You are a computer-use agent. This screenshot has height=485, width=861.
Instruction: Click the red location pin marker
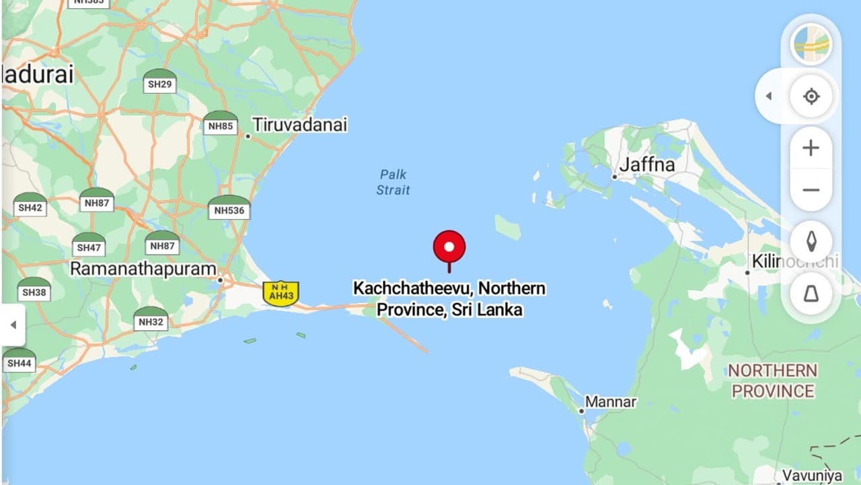[449, 247]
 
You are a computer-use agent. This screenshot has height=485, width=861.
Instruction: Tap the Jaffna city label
[646, 164]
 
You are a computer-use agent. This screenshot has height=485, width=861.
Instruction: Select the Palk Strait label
[394, 182]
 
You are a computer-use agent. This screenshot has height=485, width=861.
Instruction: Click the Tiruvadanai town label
[299, 125]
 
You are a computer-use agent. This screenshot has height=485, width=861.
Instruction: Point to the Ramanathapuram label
[143, 268]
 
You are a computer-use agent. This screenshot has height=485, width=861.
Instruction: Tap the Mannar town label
[610, 402]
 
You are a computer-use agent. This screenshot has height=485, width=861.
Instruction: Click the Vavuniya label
[812, 476]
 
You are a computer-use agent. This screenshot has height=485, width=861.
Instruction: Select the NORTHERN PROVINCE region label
[773, 381]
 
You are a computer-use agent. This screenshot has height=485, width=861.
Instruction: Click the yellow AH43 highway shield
[280, 294]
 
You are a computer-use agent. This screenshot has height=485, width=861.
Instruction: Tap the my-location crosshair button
[811, 96]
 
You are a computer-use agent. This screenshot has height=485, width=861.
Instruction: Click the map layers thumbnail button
[811, 44]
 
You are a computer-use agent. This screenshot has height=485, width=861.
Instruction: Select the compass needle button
[811, 241]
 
